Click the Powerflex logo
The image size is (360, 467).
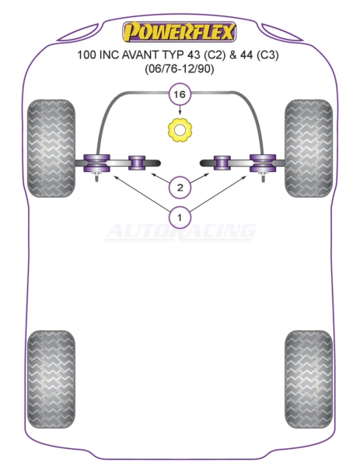coord(180,32)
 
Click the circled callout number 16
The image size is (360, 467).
coord(180,95)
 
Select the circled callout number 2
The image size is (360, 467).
coord(180,188)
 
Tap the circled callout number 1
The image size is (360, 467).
coord(180,217)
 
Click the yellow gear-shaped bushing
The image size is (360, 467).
coord(180,130)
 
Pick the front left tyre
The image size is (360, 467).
coord(51,148)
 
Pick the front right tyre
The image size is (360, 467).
coord(309,148)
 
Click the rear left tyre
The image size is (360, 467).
coord(51,379)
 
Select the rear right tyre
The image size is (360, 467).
coord(309,379)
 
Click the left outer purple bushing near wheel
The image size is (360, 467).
coord(96,163)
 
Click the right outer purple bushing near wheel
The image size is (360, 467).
coord(263,163)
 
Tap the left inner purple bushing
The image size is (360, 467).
coord(137,163)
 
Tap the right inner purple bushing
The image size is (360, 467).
coord(222,163)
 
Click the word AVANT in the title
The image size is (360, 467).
coord(142,55)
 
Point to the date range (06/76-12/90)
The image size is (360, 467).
coord(180,69)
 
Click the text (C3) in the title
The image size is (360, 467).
coord(266,55)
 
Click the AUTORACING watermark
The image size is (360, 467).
coord(180,231)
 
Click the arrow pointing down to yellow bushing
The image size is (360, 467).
coord(180,111)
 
